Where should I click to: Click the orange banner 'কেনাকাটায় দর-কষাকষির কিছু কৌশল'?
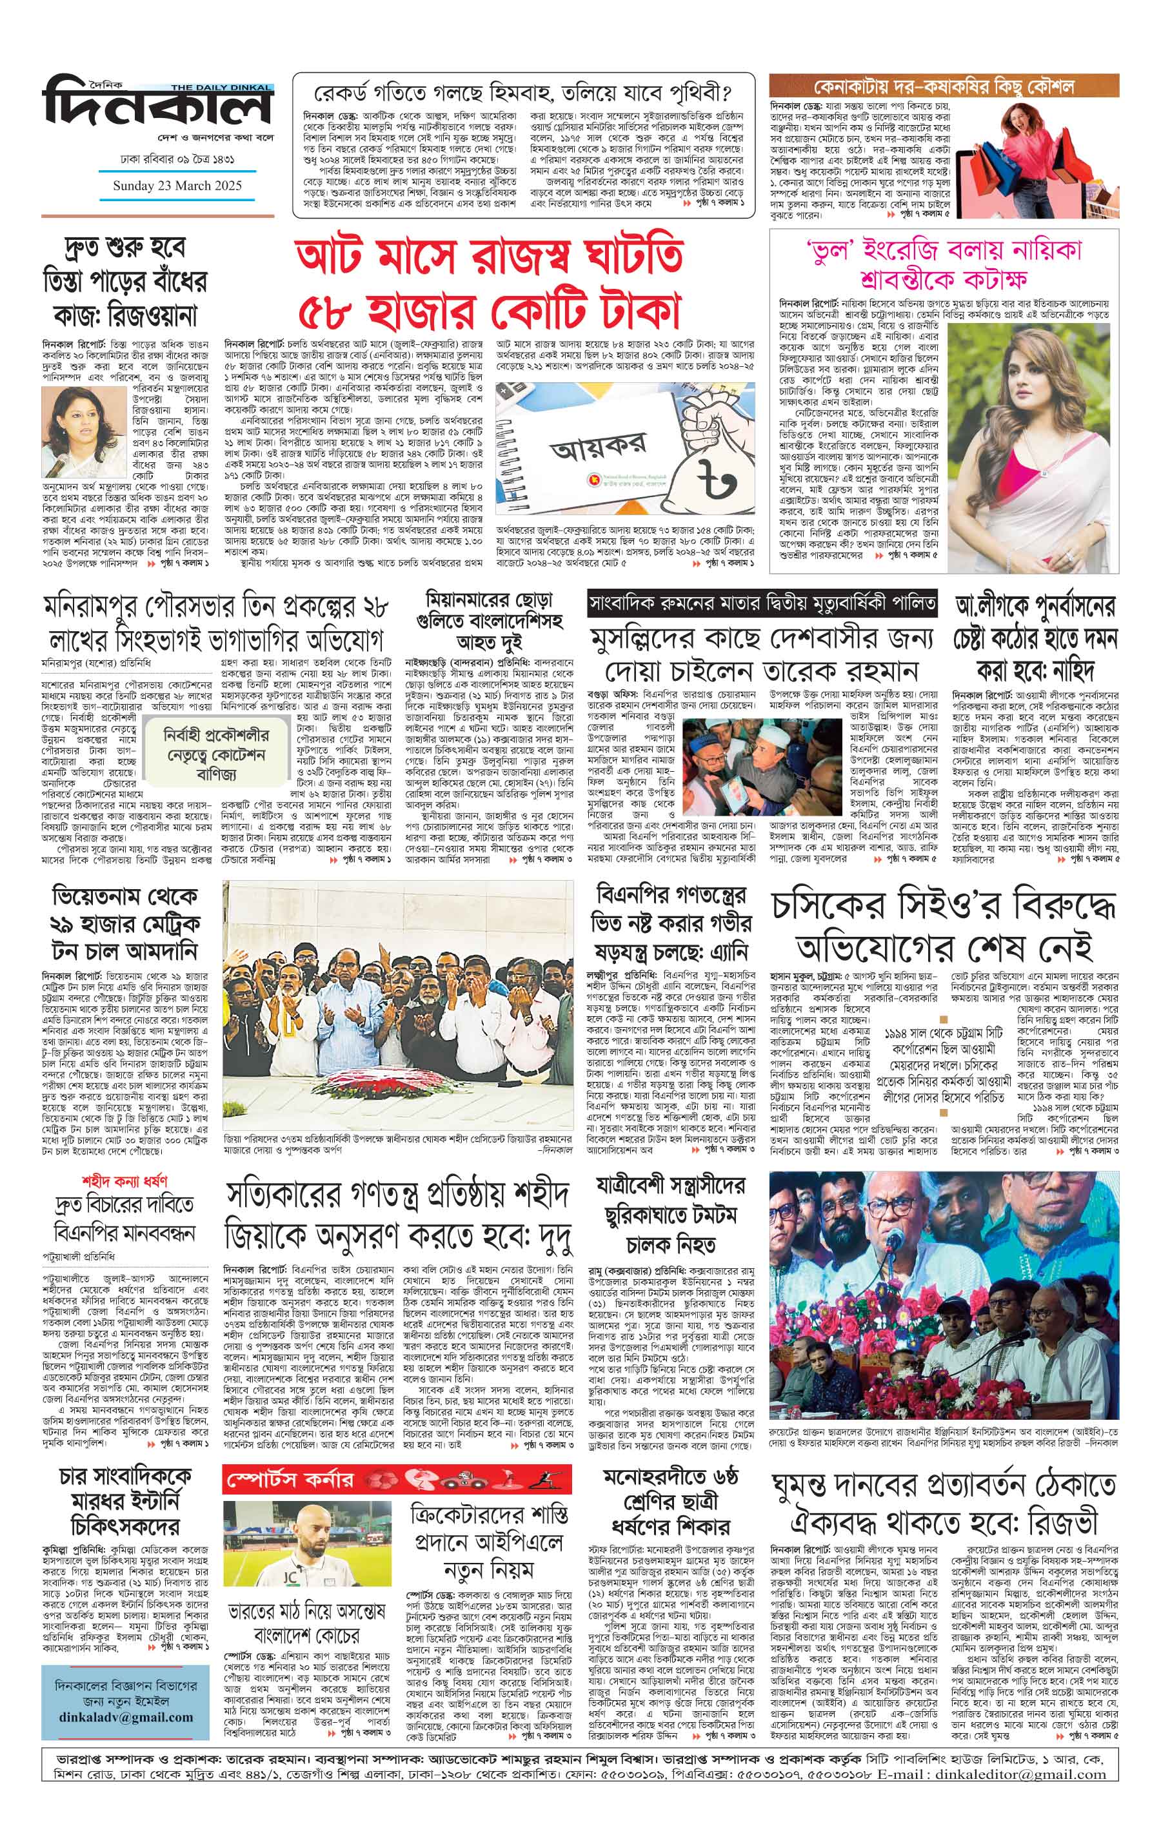(x=944, y=86)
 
